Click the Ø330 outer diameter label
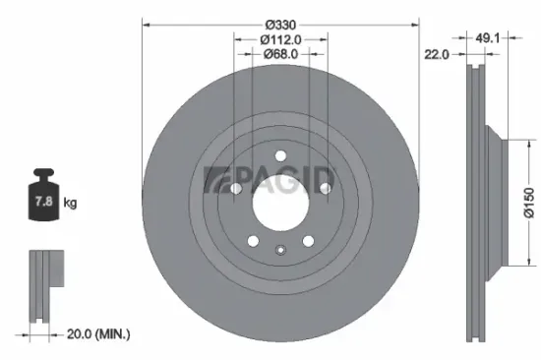[280, 12]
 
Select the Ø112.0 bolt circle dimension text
[280, 38]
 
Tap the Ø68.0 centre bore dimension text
[280, 55]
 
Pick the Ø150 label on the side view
[528, 205]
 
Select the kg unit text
[71, 203]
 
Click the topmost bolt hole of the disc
[280, 155]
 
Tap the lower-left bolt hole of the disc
[253, 243]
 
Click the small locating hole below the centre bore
[280, 248]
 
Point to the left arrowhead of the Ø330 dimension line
[145, 22]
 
